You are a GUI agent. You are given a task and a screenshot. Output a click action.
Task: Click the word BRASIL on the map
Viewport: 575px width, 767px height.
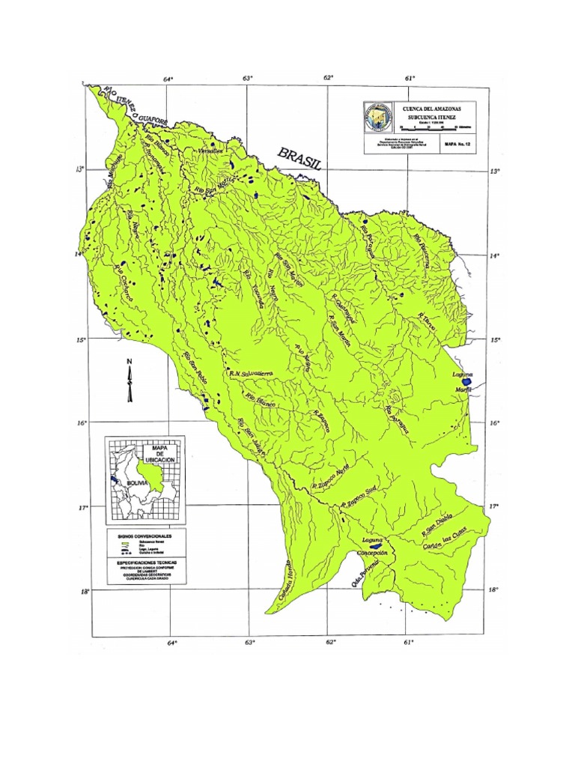coord(299,159)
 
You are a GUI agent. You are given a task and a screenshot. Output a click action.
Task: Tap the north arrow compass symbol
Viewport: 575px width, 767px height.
coord(130,380)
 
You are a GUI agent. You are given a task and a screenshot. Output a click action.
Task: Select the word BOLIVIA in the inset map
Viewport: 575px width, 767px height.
coord(139,483)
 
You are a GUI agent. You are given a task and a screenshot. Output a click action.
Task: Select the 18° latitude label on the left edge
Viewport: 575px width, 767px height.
coord(85,591)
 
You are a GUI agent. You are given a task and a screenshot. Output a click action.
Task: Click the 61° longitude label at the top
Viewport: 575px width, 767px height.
coord(410,78)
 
